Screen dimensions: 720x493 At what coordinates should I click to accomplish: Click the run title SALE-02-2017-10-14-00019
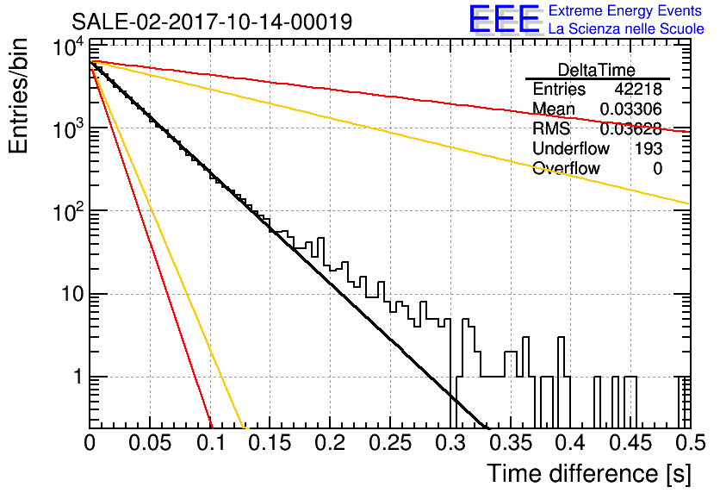click(212, 22)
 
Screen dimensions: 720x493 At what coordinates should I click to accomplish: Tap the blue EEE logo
click(504, 19)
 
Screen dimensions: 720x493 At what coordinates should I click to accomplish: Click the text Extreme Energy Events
click(625, 10)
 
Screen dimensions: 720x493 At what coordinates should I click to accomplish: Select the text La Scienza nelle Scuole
click(626, 28)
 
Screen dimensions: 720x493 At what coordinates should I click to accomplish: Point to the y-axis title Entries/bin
click(19, 96)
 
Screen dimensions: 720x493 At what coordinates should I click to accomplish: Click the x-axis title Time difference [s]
click(589, 473)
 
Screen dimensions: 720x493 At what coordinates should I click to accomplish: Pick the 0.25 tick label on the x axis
click(391, 443)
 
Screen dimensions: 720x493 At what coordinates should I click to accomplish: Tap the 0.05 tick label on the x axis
click(150, 443)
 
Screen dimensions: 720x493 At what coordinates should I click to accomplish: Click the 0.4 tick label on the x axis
click(571, 443)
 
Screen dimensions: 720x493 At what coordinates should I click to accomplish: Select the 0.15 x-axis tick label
click(270, 443)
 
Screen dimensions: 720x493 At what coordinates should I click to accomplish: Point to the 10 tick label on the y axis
click(73, 294)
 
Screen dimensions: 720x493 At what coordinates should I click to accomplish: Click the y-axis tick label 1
click(78, 378)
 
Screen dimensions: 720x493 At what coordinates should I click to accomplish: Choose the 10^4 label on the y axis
click(69, 47)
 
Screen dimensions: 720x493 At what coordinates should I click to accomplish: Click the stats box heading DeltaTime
click(597, 70)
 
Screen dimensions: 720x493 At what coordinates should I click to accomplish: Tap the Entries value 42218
click(638, 89)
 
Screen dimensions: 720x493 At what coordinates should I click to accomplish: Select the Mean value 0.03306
click(631, 109)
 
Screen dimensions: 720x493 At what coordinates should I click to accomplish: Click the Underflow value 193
click(649, 148)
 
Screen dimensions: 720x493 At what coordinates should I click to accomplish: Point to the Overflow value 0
click(657, 169)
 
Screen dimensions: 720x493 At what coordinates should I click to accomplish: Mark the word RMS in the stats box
click(551, 128)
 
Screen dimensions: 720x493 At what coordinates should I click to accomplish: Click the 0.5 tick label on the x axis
click(691, 443)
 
